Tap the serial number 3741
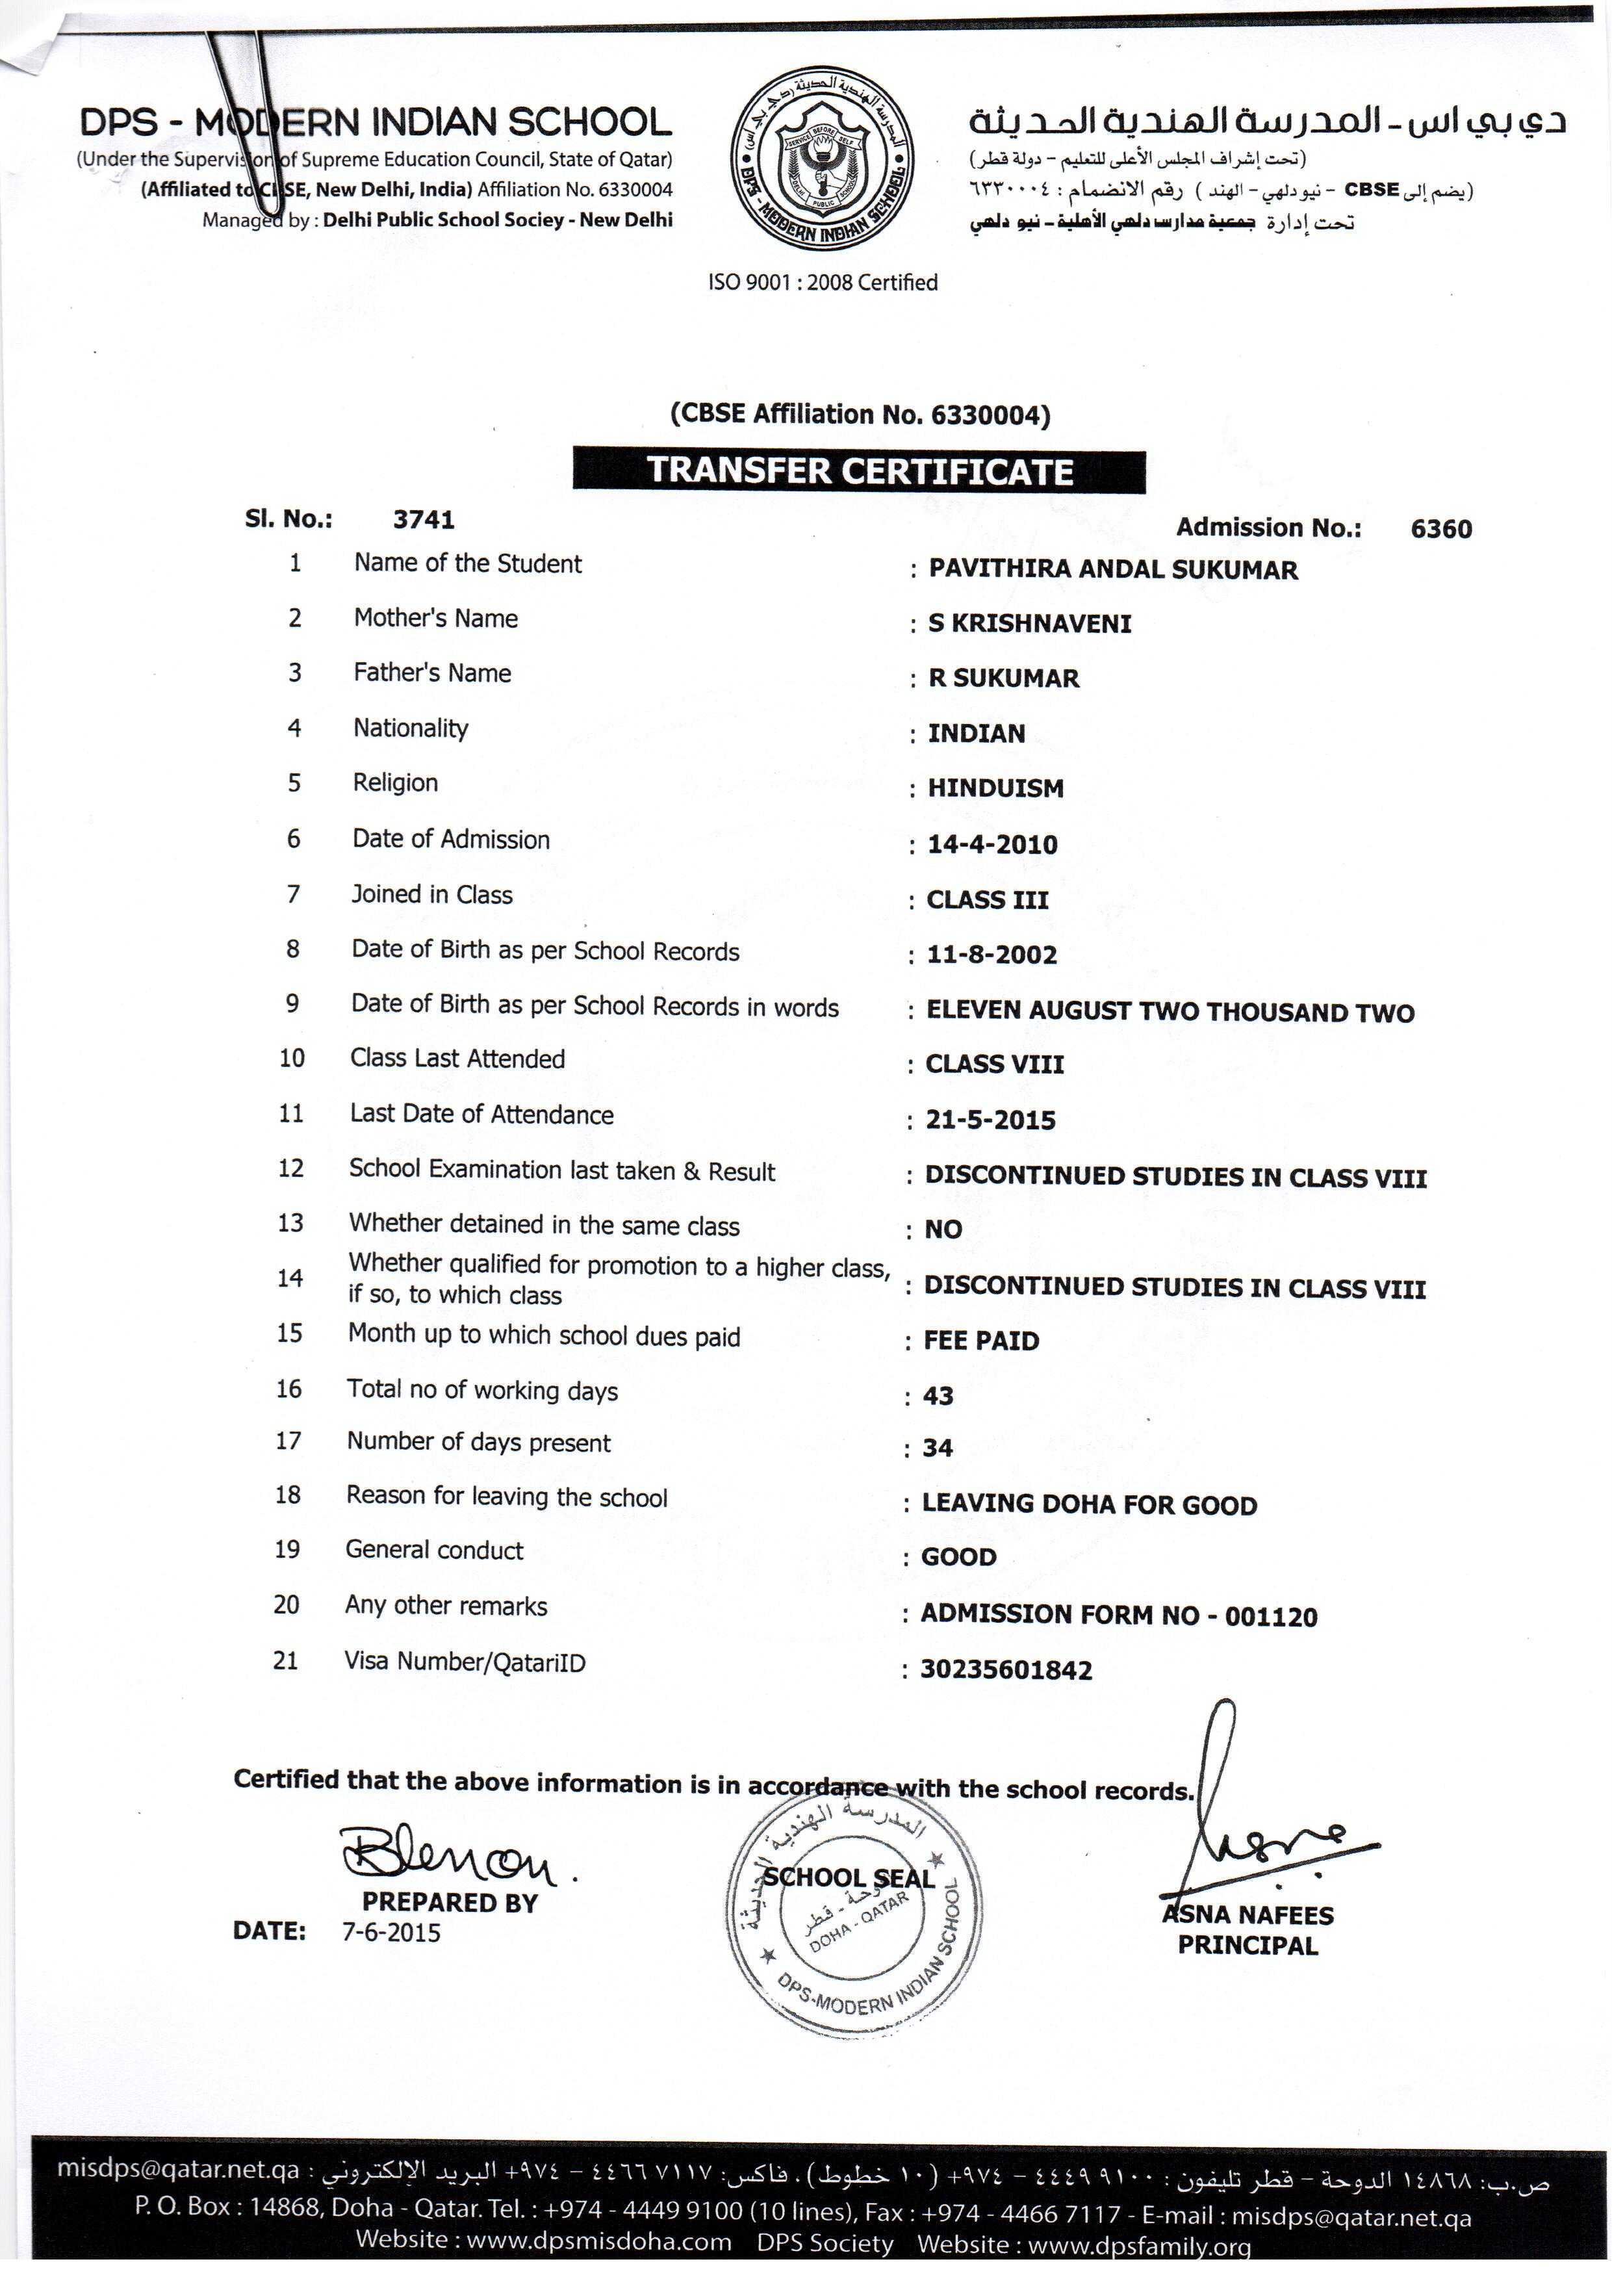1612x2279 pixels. [x=424, y=519]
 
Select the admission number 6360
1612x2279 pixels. [x=1440, y=528]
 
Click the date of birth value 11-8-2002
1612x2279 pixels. [x=991, y=954]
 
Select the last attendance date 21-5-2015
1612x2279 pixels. [x=990, y=1120]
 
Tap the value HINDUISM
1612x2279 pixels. [x=995, y=788]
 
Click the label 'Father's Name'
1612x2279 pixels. [x=432, y=673]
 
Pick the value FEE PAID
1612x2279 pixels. [x=980, y=1341]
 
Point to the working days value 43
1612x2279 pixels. [x=938, y=1396]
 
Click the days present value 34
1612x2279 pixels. [x=937, y=1449]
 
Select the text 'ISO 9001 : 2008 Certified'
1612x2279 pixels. [x=822, y=283]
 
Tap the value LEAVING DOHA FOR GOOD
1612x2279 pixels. [x=1089, y=1505]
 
